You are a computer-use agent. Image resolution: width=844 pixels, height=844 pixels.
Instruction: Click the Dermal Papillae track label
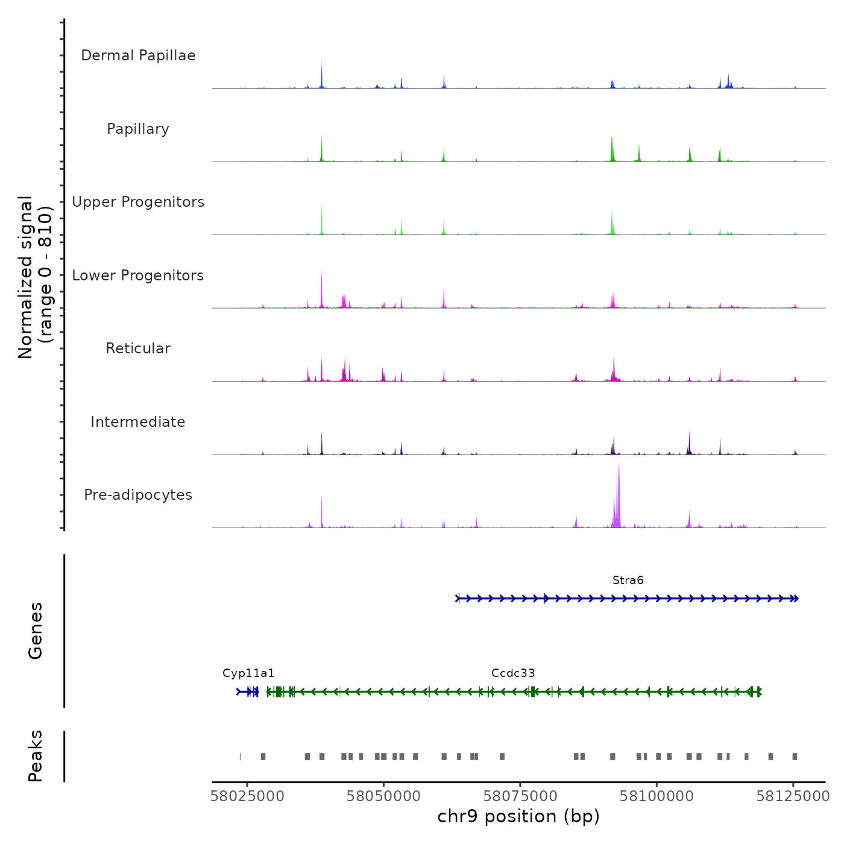[138, 55]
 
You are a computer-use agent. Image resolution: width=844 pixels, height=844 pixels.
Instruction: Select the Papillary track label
[138, 129]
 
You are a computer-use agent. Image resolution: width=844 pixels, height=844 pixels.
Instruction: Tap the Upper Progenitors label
[138, 202]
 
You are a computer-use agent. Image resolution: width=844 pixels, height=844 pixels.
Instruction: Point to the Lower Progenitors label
[138, 276]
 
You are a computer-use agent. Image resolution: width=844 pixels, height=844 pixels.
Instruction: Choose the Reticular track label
[138, 348]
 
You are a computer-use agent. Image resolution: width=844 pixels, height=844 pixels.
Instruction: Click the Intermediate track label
[138, 422]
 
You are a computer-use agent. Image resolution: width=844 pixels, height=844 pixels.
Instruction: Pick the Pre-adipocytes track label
[138, 495]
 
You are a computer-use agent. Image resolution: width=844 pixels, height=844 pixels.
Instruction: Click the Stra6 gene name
[628, 581]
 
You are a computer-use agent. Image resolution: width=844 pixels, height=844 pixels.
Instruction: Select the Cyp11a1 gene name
[248, 673]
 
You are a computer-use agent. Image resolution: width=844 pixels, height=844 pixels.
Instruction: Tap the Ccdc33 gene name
[513, 673]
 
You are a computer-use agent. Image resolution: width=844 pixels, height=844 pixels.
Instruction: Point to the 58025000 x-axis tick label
[247, 796]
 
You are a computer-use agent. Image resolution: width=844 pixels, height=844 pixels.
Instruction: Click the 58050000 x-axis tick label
[383, 796]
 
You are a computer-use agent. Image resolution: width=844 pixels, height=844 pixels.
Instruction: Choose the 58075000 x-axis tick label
[520, 796]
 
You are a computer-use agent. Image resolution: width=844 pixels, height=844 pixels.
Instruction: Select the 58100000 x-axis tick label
[657, 796]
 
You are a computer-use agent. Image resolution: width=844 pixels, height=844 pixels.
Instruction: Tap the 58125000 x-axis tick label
[793, 796]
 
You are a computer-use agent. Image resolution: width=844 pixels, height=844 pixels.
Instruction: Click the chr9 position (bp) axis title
[518, 816]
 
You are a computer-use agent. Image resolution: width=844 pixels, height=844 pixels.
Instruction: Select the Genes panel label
[36, 631]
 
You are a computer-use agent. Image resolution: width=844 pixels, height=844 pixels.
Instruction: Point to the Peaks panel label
[36, 756]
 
